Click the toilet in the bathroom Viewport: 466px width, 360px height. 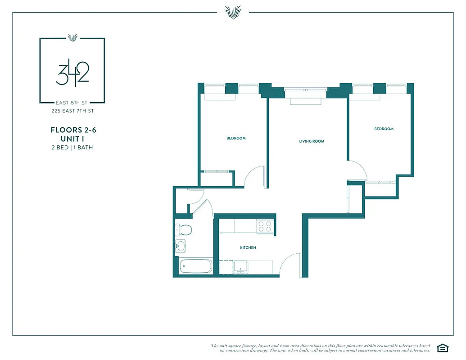[x=184, y=229]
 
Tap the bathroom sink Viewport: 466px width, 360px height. [x=181, y=247]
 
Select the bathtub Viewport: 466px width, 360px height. [x=195, y=266]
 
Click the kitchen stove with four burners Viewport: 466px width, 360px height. [x=265, y=226]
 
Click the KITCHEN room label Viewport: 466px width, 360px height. [x=248, y=248]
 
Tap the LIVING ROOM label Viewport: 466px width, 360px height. [x=312, y=141]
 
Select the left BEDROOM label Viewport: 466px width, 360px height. [x=236, y=138]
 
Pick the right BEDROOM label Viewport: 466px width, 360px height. [x=384, y=129]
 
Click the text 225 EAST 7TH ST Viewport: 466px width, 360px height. [x=72, y=111]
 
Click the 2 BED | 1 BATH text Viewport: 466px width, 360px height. [x=72, y=148]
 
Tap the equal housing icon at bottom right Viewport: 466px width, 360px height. [x=443, y=348]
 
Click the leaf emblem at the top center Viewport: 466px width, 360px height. [x=233, y=12]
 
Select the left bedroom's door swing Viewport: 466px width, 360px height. [x=254, y=177]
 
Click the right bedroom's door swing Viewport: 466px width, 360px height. [x=357, y=171]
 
